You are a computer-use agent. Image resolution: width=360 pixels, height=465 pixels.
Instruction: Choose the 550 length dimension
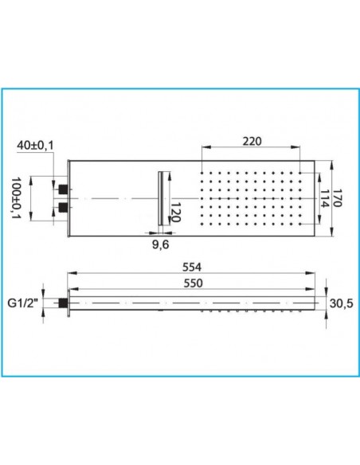(190, 285)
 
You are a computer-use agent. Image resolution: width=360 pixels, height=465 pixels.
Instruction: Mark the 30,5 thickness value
(341, 303)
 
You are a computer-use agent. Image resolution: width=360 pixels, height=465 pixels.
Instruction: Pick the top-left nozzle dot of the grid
(205, 172)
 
